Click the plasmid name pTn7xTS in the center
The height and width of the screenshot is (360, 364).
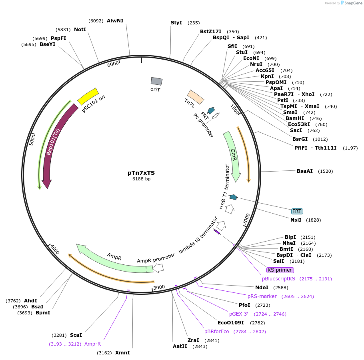click(141, 173)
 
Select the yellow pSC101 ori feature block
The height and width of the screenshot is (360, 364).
click(88, 96)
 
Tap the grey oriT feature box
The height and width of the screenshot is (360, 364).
click(156, 81)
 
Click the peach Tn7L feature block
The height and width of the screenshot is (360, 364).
click(196, 97)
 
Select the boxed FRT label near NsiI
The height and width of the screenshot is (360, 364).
click(297, 211)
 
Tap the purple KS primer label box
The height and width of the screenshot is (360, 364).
click(280, 270)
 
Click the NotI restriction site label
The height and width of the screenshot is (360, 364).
click(80, 29)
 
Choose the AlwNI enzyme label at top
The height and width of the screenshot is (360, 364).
click(115, 21)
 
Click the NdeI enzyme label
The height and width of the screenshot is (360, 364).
click(262, 287)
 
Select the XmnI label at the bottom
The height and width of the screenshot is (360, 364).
click(122, 353)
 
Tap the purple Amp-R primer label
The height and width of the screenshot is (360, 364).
click(92, 344)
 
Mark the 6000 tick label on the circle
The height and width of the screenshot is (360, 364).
click(113, 64)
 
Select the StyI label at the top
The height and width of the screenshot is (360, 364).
click(176, 23)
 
